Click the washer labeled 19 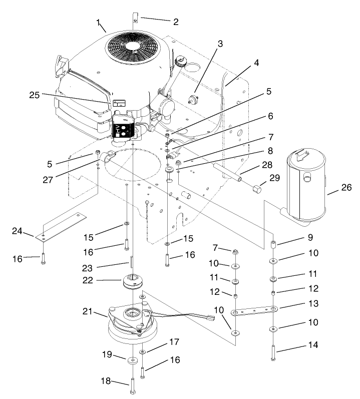coord(132,359)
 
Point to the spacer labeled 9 coord(273,246)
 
